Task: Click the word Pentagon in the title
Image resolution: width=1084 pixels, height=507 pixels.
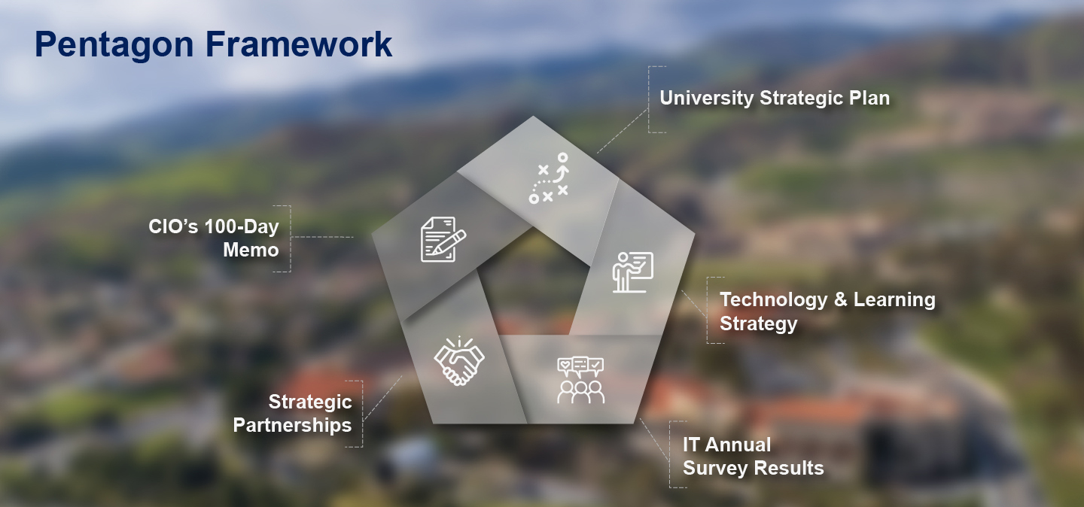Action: tap(114, 45)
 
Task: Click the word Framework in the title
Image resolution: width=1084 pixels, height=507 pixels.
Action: tap(299, 44)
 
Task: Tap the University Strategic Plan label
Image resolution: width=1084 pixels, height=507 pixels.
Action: tap(775, 99)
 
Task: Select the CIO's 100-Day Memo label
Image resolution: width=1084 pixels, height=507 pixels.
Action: tap(214, 238)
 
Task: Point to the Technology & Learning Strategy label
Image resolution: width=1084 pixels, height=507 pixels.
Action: tap(827, 311)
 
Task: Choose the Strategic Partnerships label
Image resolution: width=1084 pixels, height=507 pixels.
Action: tap(292, 414)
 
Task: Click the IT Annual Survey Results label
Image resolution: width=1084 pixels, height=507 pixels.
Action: tap(753, 456)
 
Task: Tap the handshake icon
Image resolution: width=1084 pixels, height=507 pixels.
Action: tap(459, 361)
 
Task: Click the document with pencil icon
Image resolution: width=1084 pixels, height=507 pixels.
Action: tap(443, 239)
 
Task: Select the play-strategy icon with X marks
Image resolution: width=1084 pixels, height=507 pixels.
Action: tap(550, 178)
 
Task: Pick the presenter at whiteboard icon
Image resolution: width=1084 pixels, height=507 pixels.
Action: tap(633, 272)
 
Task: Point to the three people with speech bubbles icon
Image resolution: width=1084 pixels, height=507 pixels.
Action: tap(580, 381)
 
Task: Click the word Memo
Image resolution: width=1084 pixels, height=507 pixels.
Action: tap(251, 250)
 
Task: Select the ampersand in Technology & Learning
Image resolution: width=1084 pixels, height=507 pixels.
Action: tap(841, 299)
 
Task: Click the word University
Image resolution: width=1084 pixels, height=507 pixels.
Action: tap(707, 99)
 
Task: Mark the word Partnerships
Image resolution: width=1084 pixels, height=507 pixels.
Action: tap(292, 425)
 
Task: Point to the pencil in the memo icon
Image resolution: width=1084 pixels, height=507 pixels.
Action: tap(449, 242)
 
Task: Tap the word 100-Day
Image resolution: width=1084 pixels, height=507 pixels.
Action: tap(242, 226)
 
